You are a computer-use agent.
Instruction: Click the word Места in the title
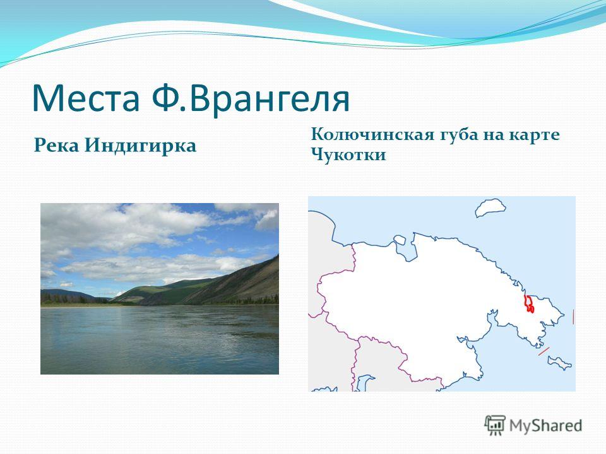coord(85,98)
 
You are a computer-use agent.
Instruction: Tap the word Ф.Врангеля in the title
coord(251,99)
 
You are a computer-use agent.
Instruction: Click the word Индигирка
coord(141,146)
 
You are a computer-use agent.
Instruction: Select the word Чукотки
coord(348,155)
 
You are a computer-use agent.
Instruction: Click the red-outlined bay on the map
coord(529,303)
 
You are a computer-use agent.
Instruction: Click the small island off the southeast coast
coord(559,363)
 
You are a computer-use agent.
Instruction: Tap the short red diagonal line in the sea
coord(544,352)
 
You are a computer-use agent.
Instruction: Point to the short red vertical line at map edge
coord(573,317)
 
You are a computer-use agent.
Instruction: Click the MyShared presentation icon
coord(495,426)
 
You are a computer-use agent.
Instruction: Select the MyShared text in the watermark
coord(545,426)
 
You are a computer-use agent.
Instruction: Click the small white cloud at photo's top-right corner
coord(266,220)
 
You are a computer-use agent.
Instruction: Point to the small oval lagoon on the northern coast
coord(400,240)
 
